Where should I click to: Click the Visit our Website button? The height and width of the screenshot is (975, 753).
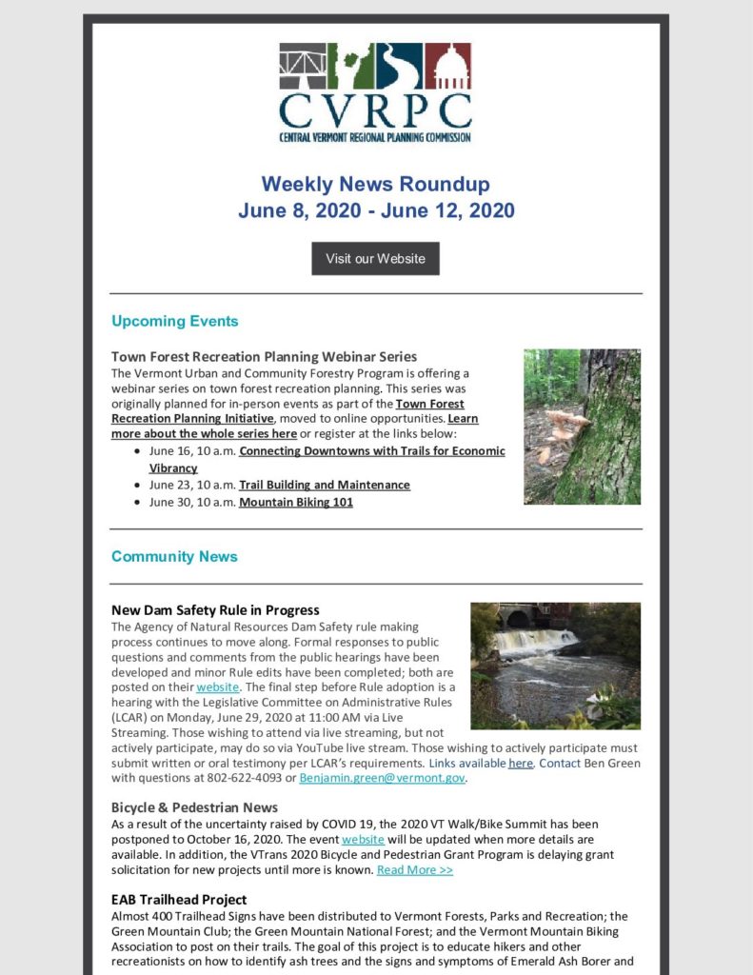(x=375, y=258)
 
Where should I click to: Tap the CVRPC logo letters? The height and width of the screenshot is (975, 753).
(x=375, y=110)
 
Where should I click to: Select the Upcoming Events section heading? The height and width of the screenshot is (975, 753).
(x=174, y=321)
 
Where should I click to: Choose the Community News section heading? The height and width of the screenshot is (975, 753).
(x=174, y=556)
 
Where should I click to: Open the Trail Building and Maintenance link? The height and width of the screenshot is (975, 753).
(x=324, y=485)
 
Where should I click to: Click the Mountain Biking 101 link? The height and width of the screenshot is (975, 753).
(x=295, y=502)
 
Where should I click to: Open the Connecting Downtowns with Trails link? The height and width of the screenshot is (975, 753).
(x=371, y=450)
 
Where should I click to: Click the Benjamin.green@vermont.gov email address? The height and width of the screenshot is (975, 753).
(x=383, y=778)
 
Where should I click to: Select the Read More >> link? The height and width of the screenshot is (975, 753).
(x=414, y=869)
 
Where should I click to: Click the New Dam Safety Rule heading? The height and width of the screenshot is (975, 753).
(x=215, y=609)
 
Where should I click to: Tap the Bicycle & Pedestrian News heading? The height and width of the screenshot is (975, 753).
(x=194, y=806)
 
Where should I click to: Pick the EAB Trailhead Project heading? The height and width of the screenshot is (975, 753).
(x=179, y=899)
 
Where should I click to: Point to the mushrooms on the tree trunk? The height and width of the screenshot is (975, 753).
(x=569, y=425)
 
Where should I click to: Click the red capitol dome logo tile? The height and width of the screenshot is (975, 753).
(x=447, y=67)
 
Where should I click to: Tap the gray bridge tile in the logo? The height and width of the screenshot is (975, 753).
(x=303, y=67)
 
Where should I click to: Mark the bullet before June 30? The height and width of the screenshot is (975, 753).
(x=139, y=503)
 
